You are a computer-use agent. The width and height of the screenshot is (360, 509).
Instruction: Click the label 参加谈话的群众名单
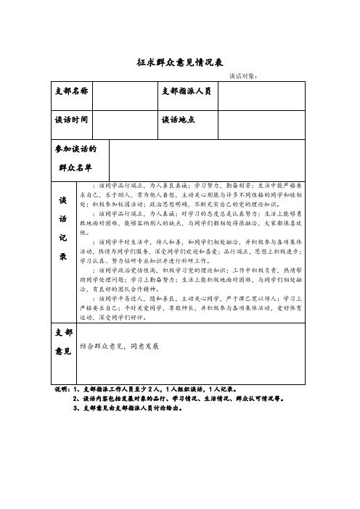point(75,157)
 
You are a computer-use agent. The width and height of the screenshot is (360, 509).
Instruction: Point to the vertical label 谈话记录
point(62,228)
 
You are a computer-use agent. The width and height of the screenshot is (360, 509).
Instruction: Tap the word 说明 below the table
point(61,389)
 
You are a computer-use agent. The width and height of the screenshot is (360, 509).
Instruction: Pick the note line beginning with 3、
point(128,407)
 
